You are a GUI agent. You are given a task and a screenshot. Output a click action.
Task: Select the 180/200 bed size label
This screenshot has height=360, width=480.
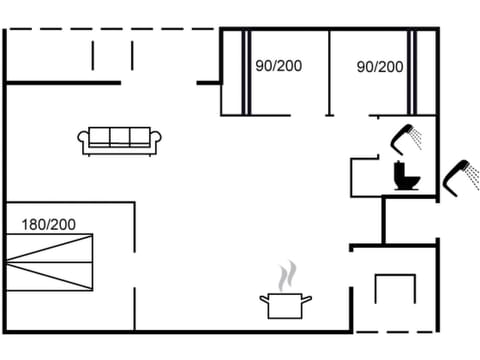tap(49, 224)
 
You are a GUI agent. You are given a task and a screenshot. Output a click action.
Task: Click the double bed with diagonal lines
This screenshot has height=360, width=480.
tap(49, 262)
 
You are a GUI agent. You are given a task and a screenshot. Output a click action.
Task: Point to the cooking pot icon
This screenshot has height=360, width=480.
tap(285, 304)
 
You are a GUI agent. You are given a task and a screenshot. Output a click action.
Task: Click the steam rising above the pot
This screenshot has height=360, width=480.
tap(287, 273)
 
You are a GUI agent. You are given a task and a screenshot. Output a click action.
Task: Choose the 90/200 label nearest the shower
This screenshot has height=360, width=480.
tap(380, 67)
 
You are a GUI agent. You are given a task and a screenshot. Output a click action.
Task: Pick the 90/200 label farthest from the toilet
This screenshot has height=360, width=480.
tap(278, 67)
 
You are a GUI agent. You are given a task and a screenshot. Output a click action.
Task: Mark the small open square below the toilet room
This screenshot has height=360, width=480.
tap(393, 289)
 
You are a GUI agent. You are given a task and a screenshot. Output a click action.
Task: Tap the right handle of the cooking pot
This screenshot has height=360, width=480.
tap(308, 297)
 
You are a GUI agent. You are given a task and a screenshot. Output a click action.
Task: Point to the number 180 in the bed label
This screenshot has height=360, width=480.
tap(33, 224)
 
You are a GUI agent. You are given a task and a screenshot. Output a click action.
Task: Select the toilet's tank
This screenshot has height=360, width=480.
tap(406, 167)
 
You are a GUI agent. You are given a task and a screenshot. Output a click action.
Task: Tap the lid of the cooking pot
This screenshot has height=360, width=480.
tap(285, 295)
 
